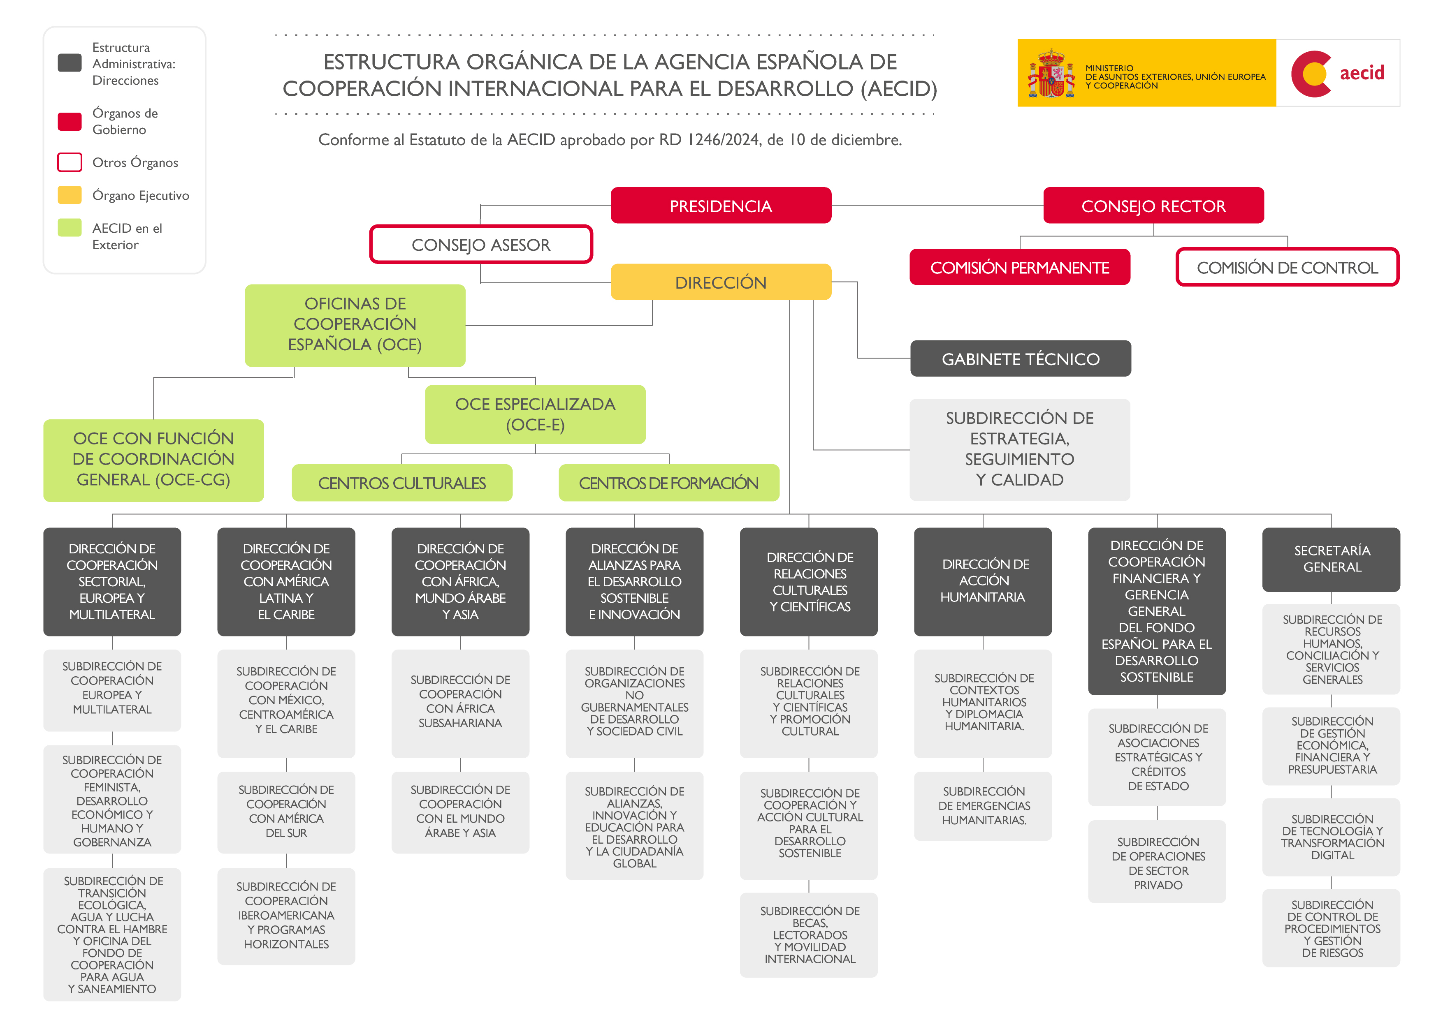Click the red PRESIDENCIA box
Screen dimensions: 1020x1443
tap(720, 206)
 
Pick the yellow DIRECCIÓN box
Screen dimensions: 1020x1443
tap(720, 282)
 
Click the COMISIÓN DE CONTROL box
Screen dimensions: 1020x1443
tap(1287, 268)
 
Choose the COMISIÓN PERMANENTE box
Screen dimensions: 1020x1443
tap(1019, 268)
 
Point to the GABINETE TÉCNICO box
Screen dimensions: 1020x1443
tap(1020, 359)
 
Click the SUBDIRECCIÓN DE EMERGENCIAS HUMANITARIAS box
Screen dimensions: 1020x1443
tap(983, 805)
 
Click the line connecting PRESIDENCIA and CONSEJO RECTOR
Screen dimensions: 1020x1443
tap(937, 206)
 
